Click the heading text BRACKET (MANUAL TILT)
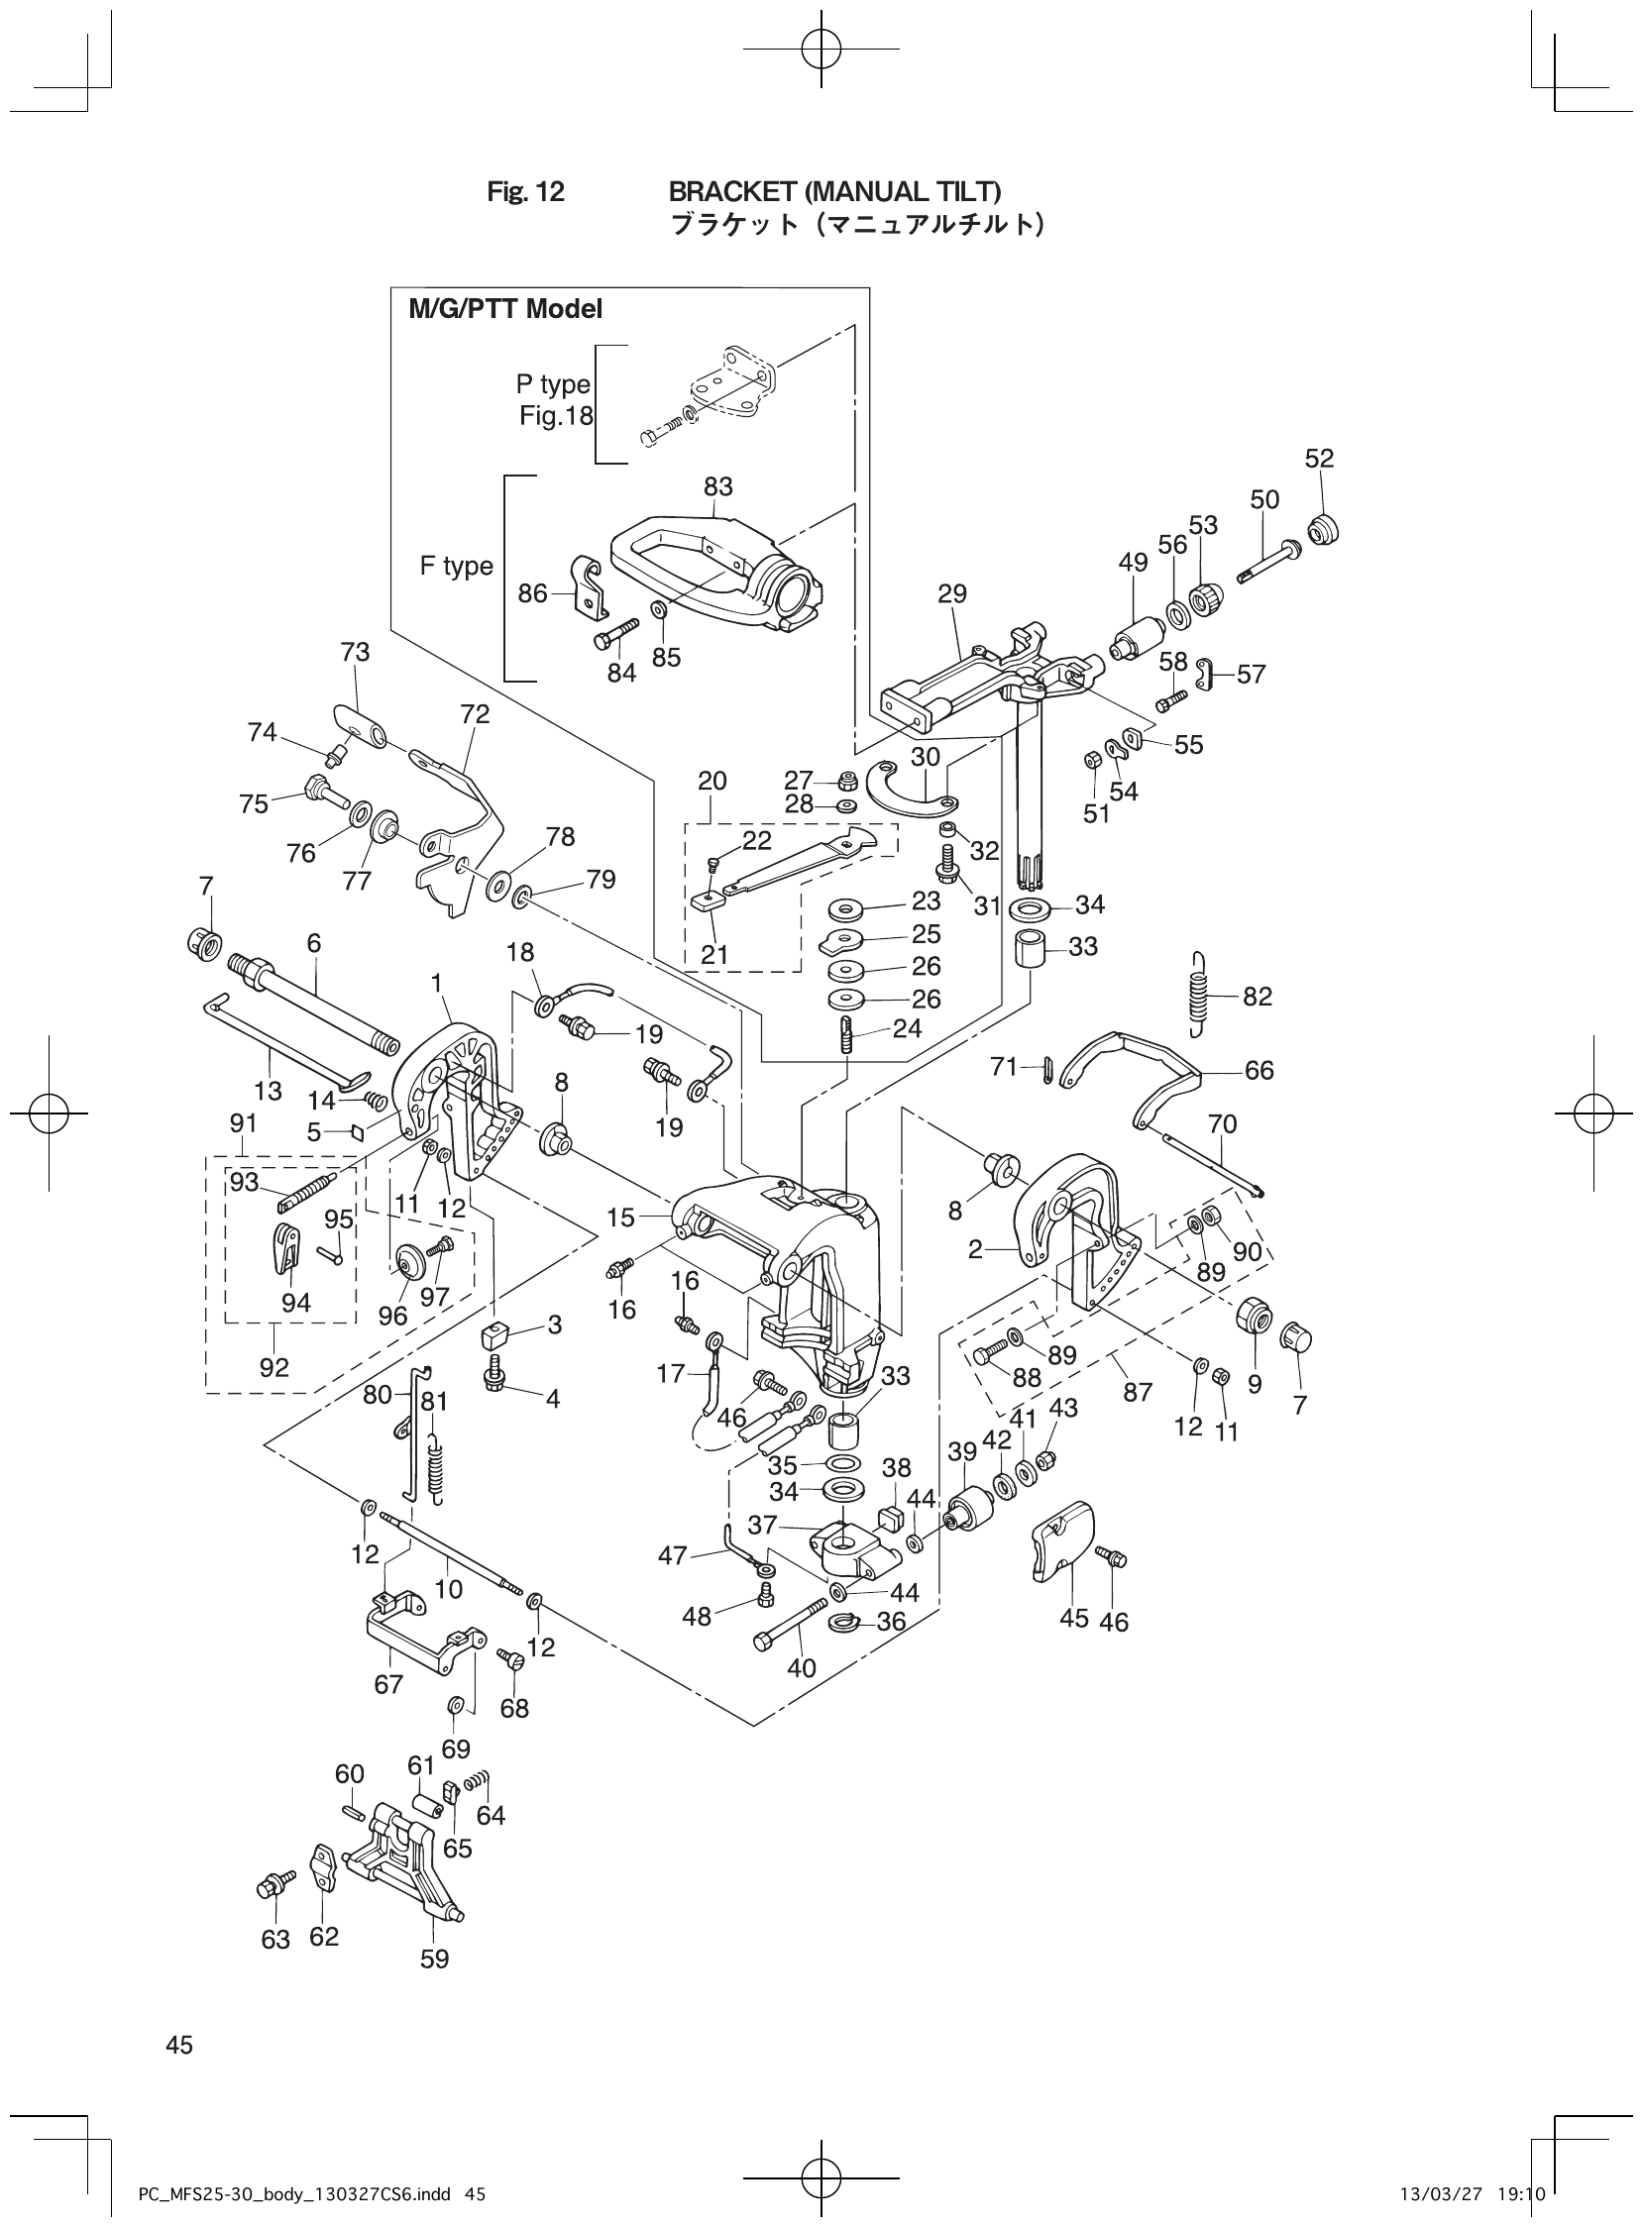(834, 191)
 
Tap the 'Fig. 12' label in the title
(525, 192)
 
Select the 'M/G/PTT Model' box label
(505, 309)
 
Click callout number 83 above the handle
(718, 486)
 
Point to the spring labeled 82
(1200, 995)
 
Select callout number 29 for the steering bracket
(951, 593)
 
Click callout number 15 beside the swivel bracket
(620, 1217)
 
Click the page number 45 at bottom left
(180, 2045)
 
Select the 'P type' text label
(553, 383)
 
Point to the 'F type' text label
(457, 566)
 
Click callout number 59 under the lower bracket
(435, 1959)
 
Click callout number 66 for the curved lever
(1260, 1071)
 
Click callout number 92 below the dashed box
(274, 1366)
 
